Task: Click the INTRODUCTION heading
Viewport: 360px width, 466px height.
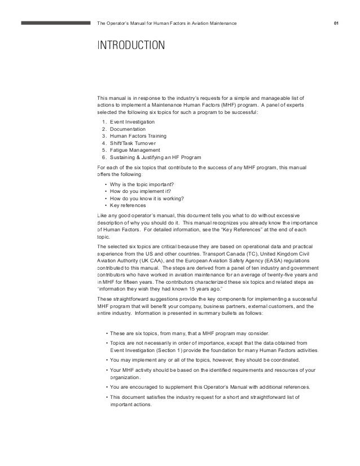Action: [x=131, y=45]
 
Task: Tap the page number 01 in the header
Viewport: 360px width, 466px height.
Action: [x=336, y=23]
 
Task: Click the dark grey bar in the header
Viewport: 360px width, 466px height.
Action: [x=56, y=23]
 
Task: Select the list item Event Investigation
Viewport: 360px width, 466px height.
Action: [x=131, y=122]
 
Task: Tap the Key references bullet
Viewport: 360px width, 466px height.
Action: [x=129, y=205]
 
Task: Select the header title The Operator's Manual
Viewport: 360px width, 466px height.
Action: [x=168, y=23]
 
